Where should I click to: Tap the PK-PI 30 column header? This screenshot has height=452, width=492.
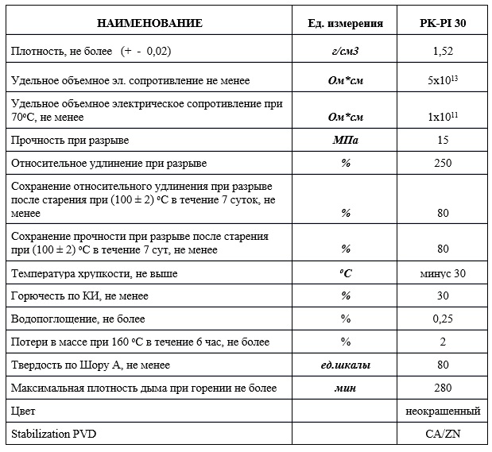[443, 23]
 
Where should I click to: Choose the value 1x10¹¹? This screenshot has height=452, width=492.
[443, 117]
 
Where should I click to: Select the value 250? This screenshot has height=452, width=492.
[443, 164]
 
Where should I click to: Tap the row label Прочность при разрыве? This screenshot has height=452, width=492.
[70, 141]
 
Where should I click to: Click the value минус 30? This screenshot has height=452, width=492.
[443, 273]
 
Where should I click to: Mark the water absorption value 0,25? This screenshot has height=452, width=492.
[443, 319]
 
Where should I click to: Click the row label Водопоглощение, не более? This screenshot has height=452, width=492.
[78, 319]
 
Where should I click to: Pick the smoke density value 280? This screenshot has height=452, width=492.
[443, 388]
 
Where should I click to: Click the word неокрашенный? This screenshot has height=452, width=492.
[443, 411]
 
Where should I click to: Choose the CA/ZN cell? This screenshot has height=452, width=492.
[443, 434]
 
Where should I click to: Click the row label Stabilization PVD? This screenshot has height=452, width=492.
[56, 434]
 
